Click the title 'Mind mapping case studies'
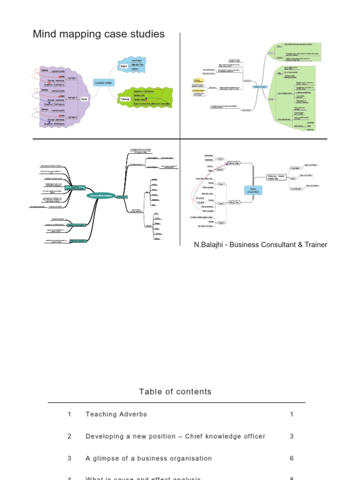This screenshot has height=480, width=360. click(x=98, y=34)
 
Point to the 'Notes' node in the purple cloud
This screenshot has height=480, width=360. click(x=84, y=98)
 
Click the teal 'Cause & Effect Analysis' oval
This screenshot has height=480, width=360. click(x=101, y=196)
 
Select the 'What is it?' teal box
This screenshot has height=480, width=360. click(x=123, y=197)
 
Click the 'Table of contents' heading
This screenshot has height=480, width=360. click(x=175, y=391)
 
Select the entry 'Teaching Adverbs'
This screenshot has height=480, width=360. click(x=116, y=414)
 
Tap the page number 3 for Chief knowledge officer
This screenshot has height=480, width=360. click(x=292, y=436)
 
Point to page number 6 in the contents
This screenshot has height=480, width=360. click(x=292, y=458)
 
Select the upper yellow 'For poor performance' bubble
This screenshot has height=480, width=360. click(x=199, y=80)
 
